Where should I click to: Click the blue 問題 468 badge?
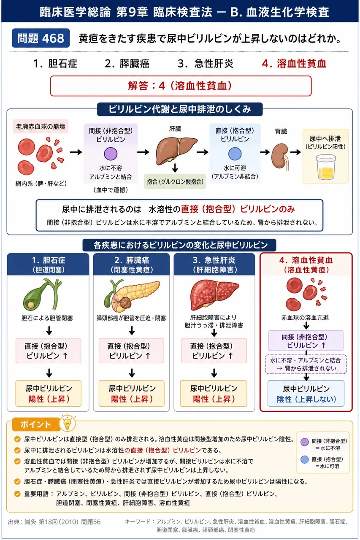coord(41,38)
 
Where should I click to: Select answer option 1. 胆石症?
coord(55,64)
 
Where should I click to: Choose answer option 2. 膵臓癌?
coord(127,64)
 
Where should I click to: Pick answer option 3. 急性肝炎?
coord(206,64)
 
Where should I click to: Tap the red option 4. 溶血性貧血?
coord(294,64)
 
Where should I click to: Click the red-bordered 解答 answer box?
coord(181,86)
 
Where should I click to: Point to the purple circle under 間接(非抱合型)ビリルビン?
coord(111,154)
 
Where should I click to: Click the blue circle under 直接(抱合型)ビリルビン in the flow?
coord(235,154)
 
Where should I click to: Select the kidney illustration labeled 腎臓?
coord(280,157)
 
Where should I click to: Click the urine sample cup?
coord(326,167)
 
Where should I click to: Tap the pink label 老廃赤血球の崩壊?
coord(41,126)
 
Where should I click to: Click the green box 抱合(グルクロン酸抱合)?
coord(175,181)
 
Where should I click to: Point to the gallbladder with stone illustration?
coord(43,294)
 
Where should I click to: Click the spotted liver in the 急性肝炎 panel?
coord(214,294)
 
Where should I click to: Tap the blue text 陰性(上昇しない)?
coord(306,399)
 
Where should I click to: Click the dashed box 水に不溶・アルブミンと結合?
coord(306,364)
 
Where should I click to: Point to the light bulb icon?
coord(68,423)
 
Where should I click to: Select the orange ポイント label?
coord(36,424)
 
